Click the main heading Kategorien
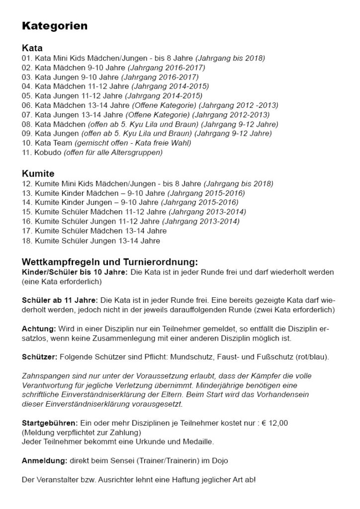coord(55,26)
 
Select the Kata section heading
coord(32,49)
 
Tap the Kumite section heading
coord(38,174)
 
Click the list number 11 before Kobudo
coord(26,153)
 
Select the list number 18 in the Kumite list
coord(26,241)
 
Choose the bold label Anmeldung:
coord(45,461)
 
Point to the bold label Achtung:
coord(39,329)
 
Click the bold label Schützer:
coord(40,357)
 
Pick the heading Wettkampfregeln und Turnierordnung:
coord(110,262)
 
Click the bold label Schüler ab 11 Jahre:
coord(60,301)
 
